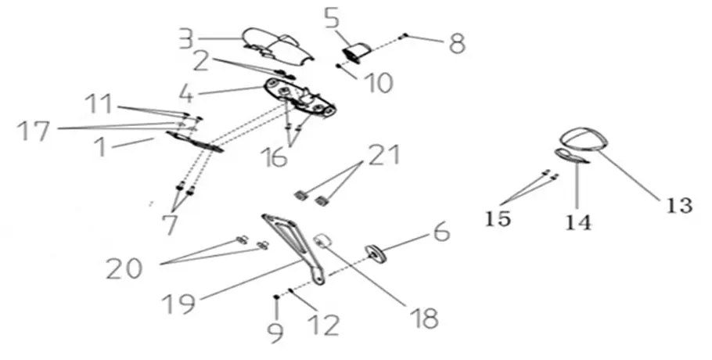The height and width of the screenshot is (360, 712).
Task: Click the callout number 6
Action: point(440,232)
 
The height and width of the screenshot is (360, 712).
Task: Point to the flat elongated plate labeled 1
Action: point(196,142)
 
